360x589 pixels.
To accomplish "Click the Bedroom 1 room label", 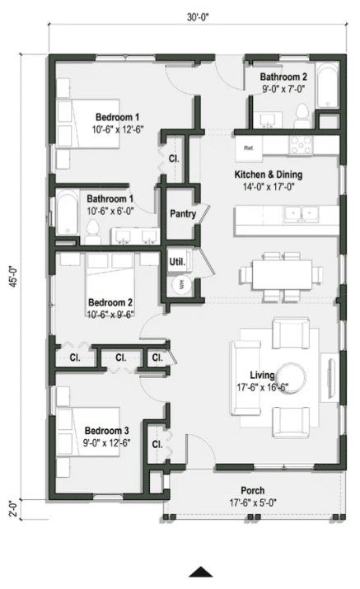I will pyautogui.click(x=116, y=116).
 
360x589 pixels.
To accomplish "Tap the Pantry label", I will pyautogui.click(x=182, y=213).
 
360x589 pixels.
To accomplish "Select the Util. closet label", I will pyautogui.click(x=176, y=262).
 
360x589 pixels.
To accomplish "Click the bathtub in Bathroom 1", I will pyautogui.click(x=65, y=217).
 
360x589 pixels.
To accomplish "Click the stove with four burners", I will pyautogui.click(x=300, y=146).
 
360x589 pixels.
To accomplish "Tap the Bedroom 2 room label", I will pyautogui.click(x=110, y=302).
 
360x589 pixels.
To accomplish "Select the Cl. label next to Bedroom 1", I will pyautogui.click(x=175, y=157).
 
